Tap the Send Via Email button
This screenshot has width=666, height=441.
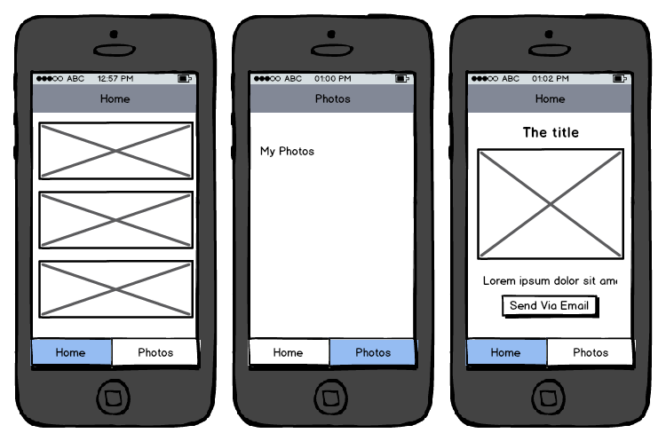point(550,306)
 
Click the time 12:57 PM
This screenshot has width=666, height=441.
point(115,78)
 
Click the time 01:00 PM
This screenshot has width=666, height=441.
point(333,78)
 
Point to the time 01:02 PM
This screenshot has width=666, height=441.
point(550,78)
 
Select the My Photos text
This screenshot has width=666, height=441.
point(287,151)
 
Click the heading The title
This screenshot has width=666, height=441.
point(551,132)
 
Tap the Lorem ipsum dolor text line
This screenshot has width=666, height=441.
point(550,280)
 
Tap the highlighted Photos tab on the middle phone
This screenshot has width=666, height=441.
point(372,352)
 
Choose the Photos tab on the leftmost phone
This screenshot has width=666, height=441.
point(155,352)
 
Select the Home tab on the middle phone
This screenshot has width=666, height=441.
point(289,352)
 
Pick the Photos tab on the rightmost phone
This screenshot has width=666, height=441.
point(590,352)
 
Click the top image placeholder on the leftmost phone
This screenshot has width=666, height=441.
point(115,151)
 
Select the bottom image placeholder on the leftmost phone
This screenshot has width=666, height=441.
point(115,289)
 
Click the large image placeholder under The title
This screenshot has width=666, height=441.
point(551,204)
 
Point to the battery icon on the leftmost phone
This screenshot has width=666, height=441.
point(185,78)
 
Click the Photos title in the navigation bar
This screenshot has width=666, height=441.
point(333,98)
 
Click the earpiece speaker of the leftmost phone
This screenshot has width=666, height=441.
point(115,51)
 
